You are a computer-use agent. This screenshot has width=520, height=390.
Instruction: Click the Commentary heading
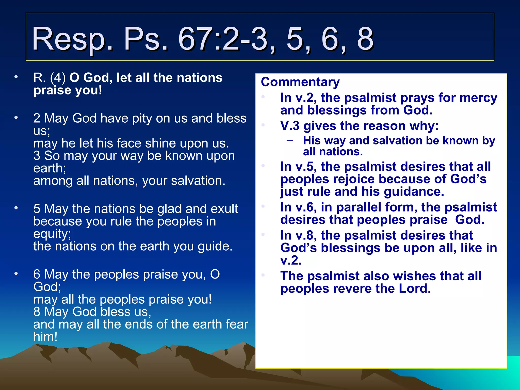pos(300,82)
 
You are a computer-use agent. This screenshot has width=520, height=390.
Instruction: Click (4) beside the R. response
pos(58,78)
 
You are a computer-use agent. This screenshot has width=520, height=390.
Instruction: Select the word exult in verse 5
pos(224,209)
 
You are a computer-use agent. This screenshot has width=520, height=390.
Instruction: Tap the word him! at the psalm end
pos(45,337)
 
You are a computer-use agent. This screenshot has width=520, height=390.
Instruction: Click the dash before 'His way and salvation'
pos(290,140)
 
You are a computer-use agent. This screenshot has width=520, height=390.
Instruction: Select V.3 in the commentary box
pos(290,126)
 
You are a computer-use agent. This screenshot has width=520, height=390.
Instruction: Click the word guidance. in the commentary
pos(414,192)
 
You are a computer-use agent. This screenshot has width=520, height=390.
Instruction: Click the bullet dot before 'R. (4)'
pos(16,77)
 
